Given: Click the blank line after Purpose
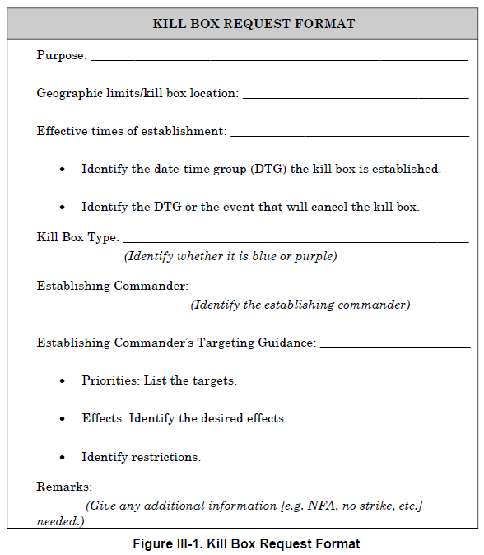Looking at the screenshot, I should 279,58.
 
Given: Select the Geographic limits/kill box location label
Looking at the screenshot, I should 137,94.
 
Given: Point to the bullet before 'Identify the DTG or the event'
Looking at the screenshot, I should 63,207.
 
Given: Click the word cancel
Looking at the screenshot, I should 333,207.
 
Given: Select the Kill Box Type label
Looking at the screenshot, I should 77,238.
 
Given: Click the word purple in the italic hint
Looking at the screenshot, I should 316,256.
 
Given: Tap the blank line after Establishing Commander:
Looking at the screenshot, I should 330,290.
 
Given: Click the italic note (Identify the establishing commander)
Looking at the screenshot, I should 300,305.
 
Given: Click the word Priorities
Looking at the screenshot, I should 110,380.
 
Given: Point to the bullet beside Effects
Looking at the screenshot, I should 63,418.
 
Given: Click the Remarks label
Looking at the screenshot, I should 64,487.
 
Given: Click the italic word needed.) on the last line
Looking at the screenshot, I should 60,521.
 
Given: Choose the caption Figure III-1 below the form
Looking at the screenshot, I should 246,543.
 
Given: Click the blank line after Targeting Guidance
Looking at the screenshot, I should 394,346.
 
